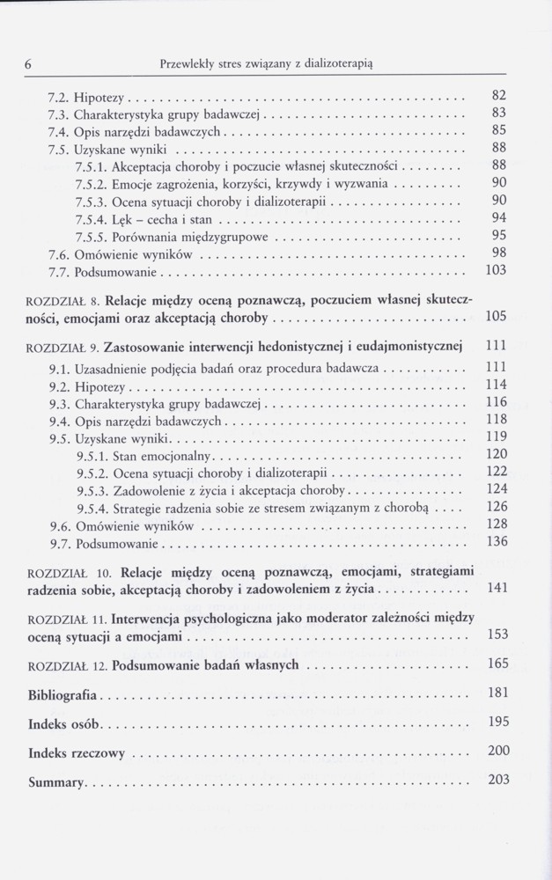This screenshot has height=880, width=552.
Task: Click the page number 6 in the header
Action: point(30,62)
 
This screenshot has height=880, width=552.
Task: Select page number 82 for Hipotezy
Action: point(497,94)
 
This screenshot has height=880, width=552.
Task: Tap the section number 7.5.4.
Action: point(91,217)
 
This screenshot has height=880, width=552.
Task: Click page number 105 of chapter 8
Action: point(496,317)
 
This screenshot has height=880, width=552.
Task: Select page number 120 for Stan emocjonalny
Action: point(497,453)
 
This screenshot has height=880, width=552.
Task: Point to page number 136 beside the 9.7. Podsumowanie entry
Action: point(497,540)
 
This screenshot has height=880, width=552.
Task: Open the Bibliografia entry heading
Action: point(63,695)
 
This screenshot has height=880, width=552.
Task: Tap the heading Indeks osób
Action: point(66,725)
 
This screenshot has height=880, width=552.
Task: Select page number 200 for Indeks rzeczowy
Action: point(497,751)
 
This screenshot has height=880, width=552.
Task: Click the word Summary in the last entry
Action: point(56,781)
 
